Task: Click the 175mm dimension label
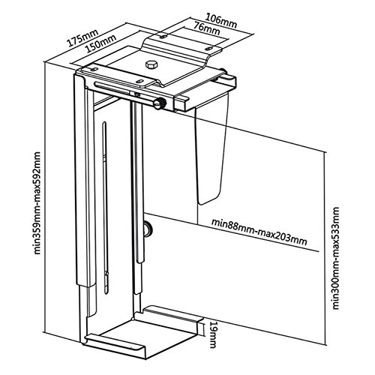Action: pos(82,39)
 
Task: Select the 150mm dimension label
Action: pos(100,43)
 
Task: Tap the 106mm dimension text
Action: pos(220,21)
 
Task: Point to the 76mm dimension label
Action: pos(207,30)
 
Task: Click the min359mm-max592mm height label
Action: pos(37,202)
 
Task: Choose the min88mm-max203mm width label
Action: pos(259,232)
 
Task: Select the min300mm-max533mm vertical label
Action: pos(336,258)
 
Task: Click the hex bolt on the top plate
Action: pos(151,64)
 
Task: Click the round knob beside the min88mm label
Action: pos(148,228)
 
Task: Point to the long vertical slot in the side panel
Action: pos(106,208)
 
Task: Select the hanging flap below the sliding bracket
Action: pos(211,150)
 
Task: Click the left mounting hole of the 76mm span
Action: pos(163,37)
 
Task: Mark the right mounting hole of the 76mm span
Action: pos(210,48)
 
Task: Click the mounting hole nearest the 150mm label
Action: pos(94,69)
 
